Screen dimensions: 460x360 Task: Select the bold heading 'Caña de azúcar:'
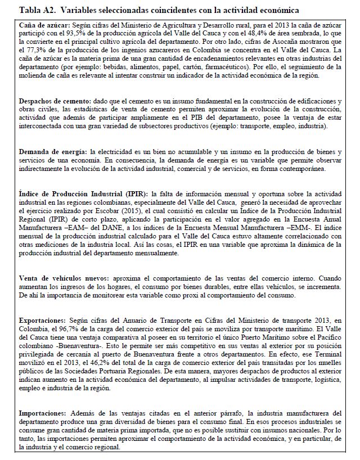[43, 26]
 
